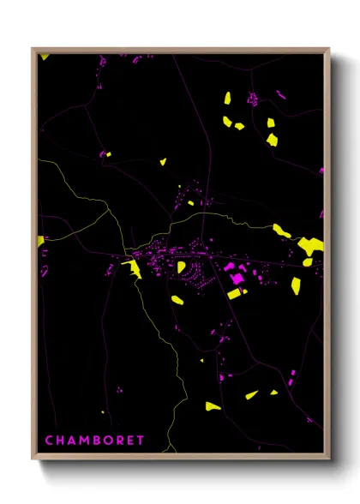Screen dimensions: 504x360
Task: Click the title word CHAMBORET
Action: tap(94, 441)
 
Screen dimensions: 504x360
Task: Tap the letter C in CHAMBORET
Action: tap(48, 441)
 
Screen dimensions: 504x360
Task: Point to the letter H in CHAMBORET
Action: tap(60, 441)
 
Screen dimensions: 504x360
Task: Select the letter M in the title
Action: tap(84, 441)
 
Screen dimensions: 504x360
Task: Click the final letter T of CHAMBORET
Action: tap(141, 441)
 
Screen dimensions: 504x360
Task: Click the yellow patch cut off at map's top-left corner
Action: tap(45, 57)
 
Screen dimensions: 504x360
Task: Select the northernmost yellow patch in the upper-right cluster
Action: tap(228, 98)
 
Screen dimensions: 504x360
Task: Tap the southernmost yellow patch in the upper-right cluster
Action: tap(272, 139)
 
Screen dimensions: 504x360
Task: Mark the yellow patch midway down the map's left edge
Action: tap(40, 241)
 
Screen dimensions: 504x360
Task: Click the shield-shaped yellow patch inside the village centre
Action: tap(182, 267)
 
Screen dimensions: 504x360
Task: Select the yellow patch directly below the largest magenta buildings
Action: tap(234, 294)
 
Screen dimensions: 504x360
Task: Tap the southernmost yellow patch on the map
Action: tap(213, 405)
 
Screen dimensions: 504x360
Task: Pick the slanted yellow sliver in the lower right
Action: tap(251, 395)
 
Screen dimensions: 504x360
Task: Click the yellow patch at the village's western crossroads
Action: tap(134, 269)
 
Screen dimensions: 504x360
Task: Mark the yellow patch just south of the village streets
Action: tap(177, 300)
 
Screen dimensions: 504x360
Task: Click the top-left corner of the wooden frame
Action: tap(33, 50)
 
